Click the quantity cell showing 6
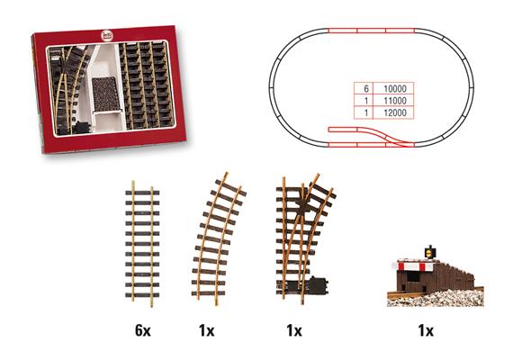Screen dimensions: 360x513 [x=365, y=91]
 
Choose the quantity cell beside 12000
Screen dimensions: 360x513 [x=365, y=116]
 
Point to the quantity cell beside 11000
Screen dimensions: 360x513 [x=365, y=103]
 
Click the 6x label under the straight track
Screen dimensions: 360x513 [x=142, y=330]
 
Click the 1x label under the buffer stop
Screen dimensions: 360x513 [x=427, y=330]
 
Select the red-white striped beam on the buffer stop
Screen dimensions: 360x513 [x=417, y=267]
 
